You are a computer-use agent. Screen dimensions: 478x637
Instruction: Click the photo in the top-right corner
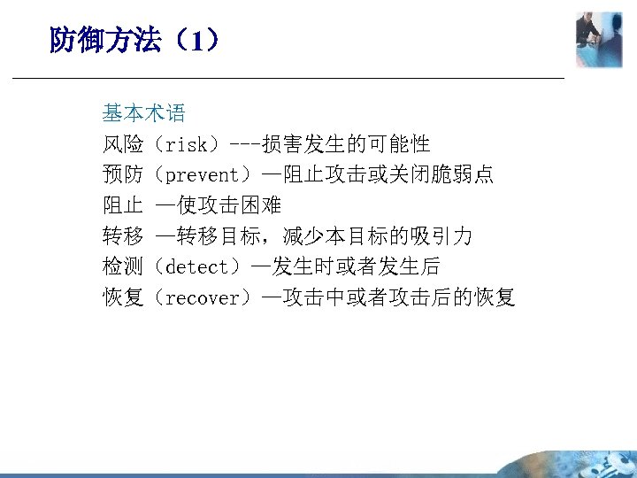(x=599, y=39)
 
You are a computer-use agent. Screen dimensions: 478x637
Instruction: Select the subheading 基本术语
(x=143, y=113)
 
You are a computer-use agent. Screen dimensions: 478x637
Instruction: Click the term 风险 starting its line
(x=123, y=144)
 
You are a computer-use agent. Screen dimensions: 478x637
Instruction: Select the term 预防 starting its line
(x=123, y=175)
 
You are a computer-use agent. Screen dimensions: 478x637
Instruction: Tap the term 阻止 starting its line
(x=123, y=205)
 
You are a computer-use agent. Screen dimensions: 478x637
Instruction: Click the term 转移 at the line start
(x=123, y=236)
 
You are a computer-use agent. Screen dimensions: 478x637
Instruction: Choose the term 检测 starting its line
(x=123, y=266)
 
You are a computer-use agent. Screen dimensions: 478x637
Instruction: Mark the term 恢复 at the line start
(x=123, y=297)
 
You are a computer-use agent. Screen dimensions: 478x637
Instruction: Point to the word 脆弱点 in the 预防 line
(x=463, y=175)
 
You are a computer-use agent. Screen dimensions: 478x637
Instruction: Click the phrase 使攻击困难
(x=229, y=205)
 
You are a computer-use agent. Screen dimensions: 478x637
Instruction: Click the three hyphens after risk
(x=245, y=144)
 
